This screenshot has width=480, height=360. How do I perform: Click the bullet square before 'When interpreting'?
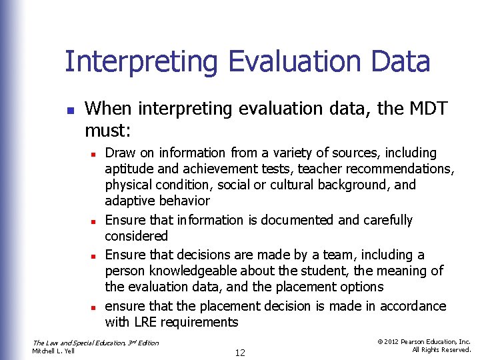pos(70,109)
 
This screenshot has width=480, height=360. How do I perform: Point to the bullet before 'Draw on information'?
pos(95,154)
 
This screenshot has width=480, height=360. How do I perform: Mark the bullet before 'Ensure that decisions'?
pos(95,256)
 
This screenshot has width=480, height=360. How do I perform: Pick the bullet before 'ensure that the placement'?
pos(95,307)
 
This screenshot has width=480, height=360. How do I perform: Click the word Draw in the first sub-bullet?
pos(119,153)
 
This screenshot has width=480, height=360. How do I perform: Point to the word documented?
pos(289,221)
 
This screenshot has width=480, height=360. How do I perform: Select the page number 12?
pos(239,353)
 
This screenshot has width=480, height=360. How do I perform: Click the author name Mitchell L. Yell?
pos(53,351)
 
